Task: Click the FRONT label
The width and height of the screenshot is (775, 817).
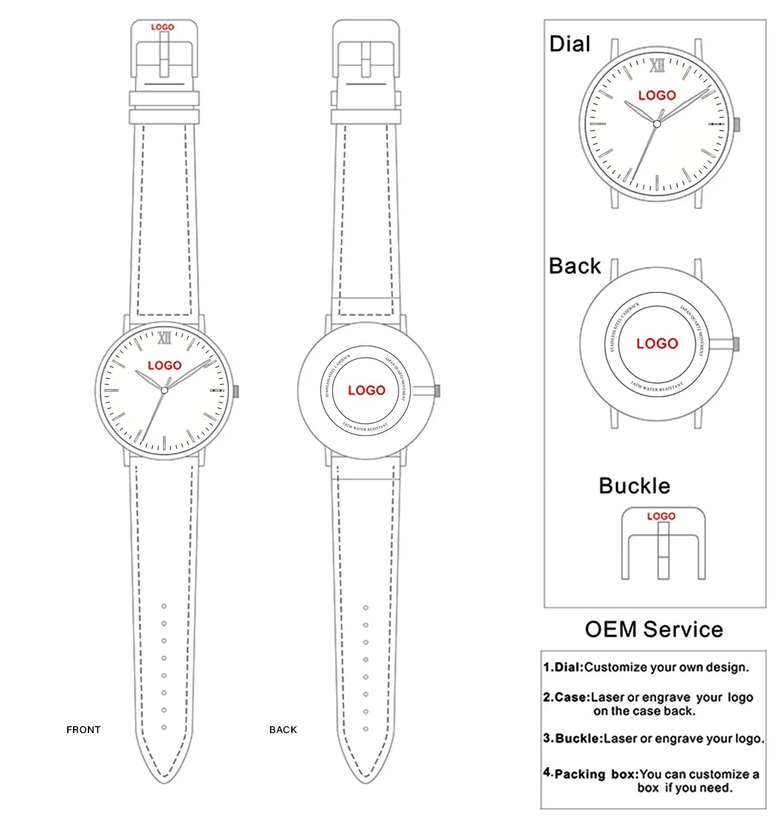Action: [83, 730]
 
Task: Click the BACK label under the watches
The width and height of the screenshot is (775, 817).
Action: [283, 730]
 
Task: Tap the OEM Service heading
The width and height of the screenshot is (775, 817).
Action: [654, 629]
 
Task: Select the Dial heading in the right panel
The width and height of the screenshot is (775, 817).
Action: [570, 44]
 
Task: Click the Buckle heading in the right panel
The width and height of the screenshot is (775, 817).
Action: [634, 486]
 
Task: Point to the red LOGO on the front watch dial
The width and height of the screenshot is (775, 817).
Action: [165, 366]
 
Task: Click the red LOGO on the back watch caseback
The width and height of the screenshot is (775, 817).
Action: [366, 390]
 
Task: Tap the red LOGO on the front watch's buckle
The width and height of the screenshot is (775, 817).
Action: [163, 27]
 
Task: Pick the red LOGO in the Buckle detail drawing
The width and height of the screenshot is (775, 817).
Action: [661, 516]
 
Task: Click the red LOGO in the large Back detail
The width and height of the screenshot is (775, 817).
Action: [657, 344]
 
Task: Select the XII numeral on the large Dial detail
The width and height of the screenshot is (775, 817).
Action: [657, 65]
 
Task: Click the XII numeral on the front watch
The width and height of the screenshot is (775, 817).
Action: [164, 338]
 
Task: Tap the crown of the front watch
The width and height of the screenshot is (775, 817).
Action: [236, 391]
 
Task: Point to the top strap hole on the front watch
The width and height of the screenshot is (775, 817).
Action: [164, 606]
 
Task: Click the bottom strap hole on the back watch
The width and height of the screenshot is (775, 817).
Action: [366, 729]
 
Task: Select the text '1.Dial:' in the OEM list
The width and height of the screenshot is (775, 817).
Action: [563, 667]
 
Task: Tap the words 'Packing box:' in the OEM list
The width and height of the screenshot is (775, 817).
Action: [596, 774]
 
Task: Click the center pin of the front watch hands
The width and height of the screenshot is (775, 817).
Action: [164, 391]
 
